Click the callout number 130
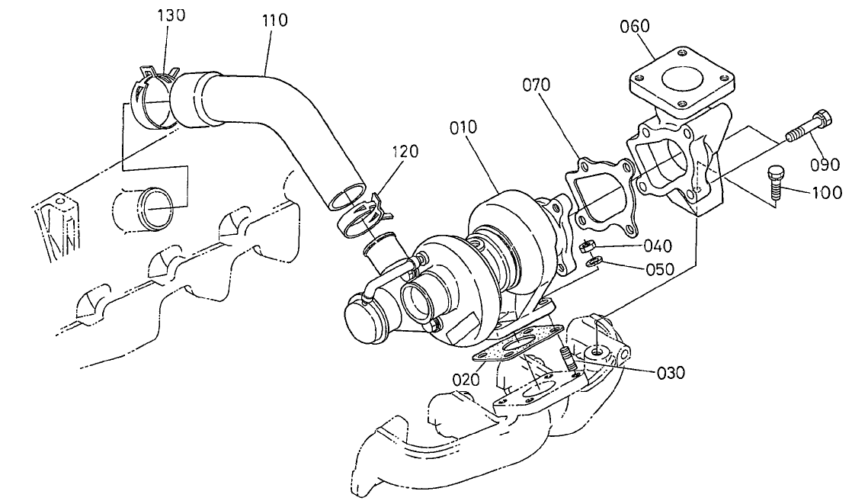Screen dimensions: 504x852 point(171,16)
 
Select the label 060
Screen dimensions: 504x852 point(634,27)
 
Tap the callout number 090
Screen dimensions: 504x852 point(824,163)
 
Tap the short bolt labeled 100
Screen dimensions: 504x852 point(774,181)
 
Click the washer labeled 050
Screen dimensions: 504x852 point(595,263)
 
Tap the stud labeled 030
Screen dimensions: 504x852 point(567,360)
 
